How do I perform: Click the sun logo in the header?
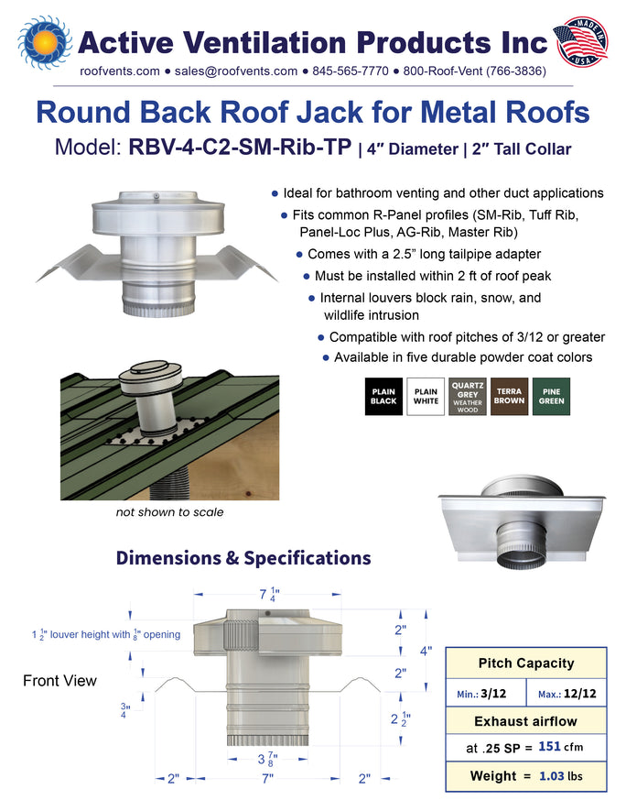coord(45,42)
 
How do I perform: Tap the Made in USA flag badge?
coord(580,42)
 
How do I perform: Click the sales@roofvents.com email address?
coord(236,71)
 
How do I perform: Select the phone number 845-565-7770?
coord(351,71)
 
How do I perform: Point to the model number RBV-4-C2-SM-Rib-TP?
coord(240,147)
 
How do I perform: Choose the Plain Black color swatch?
coord(383,397)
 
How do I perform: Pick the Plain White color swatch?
coord(426,397)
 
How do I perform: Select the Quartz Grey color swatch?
coord(468,397)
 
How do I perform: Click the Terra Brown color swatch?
coord(509,397)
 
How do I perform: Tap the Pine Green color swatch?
coord(552,397)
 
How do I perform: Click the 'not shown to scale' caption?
coord(169,512)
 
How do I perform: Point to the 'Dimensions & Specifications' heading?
coord(243,558)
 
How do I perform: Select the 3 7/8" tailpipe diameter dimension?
coord(266,760)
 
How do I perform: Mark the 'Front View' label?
coord(59,681)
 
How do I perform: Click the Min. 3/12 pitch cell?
coord(485,693)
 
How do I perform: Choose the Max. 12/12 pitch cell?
coord(567,693)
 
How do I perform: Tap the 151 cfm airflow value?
coord(560,747)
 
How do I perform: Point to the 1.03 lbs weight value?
coord(561,776)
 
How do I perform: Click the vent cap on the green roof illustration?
coord(150,376)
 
